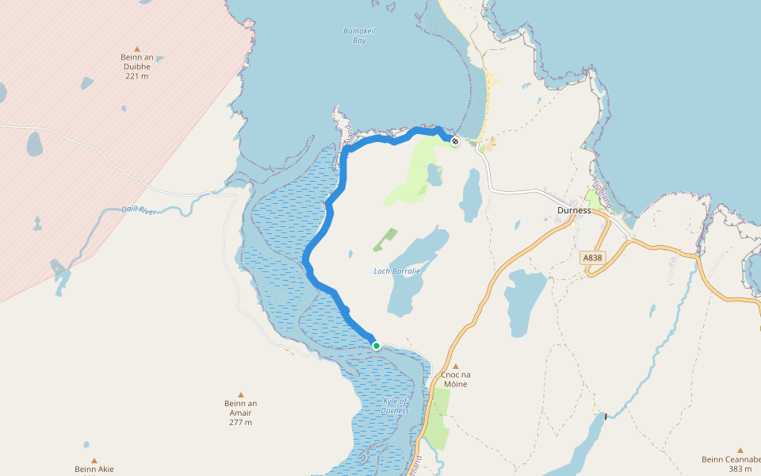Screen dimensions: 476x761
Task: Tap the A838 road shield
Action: [592, 258]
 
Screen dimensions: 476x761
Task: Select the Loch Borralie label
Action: [396, 271]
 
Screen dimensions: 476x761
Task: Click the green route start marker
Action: [377, 345]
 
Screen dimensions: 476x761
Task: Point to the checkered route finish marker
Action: [455, 141]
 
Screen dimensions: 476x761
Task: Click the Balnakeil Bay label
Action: [359, 35]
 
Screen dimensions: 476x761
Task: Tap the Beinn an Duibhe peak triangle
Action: [136, 48]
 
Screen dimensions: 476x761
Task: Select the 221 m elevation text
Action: [136, 76]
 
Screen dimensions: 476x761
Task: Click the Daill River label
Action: [140, 210]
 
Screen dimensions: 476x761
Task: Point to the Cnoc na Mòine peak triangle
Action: [456, 367]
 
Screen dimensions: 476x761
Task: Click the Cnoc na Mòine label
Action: [456, 379]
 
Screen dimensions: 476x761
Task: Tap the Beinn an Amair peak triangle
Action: [240, 394]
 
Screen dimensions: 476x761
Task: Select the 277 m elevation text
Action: [240, 422]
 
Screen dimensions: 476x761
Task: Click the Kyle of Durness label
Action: [394, 406]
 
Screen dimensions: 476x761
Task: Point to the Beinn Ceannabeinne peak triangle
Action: [740, 450]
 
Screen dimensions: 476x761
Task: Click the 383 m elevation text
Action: [740, 469]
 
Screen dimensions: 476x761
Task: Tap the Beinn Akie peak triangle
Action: [94, 460]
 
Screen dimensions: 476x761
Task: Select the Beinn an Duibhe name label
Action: [136, 62]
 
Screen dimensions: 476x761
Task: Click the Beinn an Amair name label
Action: [240, 408]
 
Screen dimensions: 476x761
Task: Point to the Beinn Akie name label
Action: [94, 470]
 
